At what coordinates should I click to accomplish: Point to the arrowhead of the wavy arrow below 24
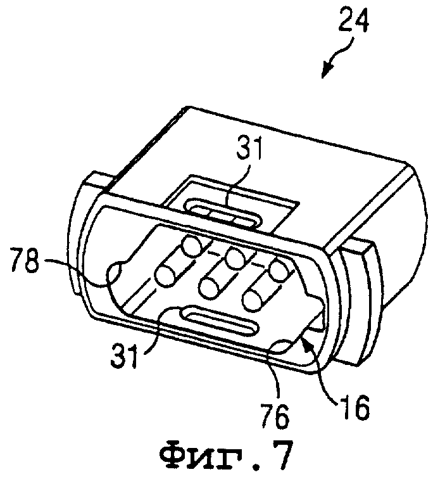[x=326, y=72]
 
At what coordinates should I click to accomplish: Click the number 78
[x=25, y=260]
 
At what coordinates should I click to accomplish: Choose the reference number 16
[x=354, y=407]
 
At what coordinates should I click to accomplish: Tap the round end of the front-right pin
[x=254, y=301]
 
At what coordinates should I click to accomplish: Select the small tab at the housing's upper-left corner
[x=99, y=182]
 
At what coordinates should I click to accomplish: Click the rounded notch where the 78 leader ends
[x=115, y=273]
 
